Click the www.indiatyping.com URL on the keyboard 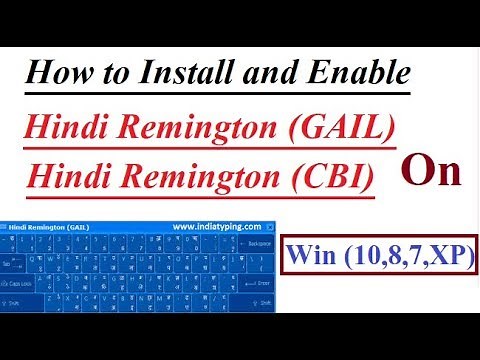216,226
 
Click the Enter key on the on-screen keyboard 264,283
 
